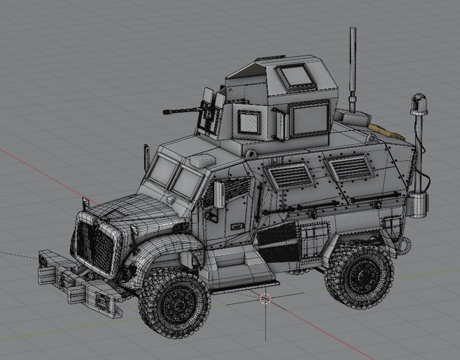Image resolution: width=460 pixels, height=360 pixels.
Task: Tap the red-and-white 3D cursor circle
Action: [265, 299]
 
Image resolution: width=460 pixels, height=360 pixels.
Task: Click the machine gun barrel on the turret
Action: [180, 110]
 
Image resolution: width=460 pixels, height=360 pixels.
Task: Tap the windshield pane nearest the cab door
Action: [187, 180]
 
